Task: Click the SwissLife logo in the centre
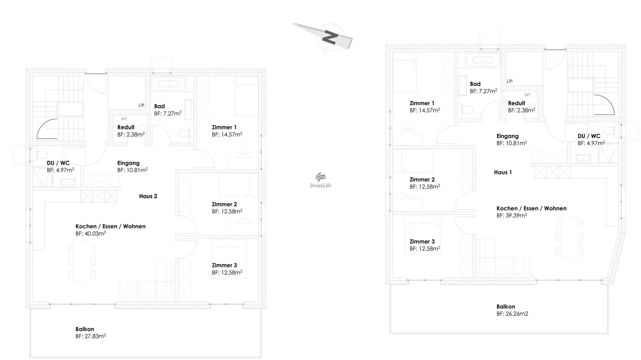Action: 320,181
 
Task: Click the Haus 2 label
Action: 148,196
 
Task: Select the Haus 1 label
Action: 503,172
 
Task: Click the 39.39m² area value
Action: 516,215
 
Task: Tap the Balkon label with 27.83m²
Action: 85,329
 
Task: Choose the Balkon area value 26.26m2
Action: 517,314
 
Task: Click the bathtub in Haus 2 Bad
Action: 168,84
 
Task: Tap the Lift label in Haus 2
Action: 142,105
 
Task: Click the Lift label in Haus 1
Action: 509,81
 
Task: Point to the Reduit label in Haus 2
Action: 126,127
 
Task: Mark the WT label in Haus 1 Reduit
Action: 527,95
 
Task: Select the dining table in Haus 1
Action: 570,237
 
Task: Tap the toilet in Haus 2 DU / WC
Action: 41,155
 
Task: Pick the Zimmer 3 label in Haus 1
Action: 422,241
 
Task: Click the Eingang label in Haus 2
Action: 129,163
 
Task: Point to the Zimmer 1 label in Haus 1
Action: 422,103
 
